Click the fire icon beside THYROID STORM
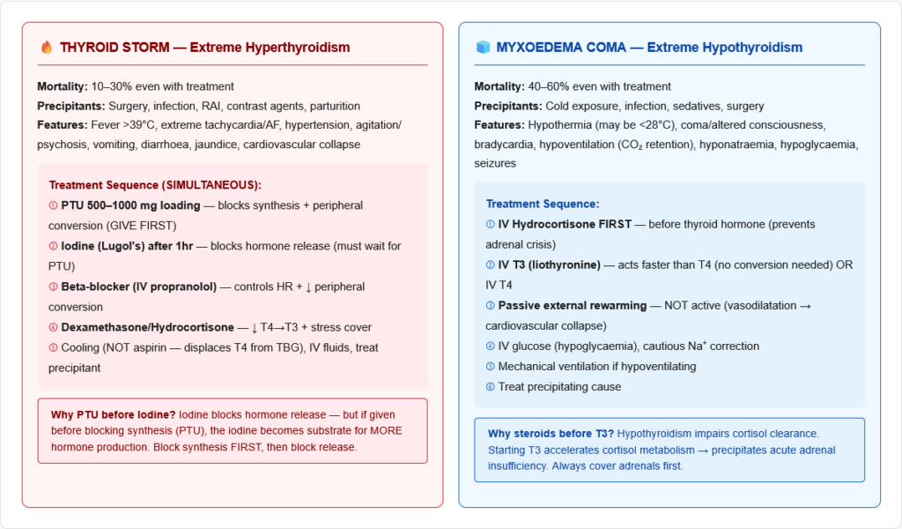click(x=47, y=48)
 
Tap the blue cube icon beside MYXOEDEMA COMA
click(x=483, y=48)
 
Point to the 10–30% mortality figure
click(x=109, y=86)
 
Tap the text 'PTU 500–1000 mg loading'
click(x=129, y=205)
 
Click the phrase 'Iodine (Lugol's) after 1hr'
click(x=127, y=246)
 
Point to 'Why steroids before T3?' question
click(x=551, y=433)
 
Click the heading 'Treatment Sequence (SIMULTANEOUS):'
click(x=155, y=185)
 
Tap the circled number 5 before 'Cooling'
click(x=53, y=347)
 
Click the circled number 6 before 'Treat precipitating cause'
click(x=490, y=386)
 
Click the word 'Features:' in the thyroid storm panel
click(x=62, y=125)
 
